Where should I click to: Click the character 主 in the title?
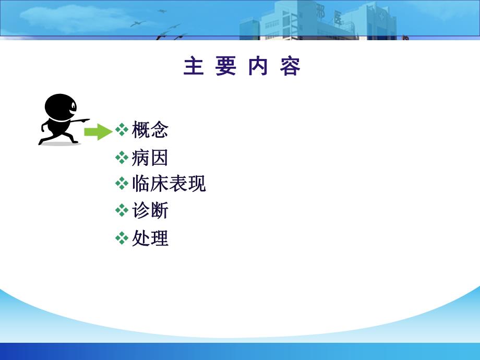click(x=194, y=67)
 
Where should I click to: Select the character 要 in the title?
click(x=226, y=67)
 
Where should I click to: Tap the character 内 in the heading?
click(x=258, y=67)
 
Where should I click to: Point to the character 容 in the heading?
click(x=290, y=67)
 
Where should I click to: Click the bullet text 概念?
click(x=150, y=130)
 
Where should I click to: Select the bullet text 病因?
click(x=150, y=157)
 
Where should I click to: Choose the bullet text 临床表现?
click(x=169, y=184)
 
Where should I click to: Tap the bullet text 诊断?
click(x=150, y=211)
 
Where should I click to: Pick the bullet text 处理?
click(x=150, y=238)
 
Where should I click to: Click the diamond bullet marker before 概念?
click(x=122, y=129)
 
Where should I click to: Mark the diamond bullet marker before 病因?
click(x=122, y=157)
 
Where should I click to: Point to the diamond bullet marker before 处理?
click(x=122, y=238)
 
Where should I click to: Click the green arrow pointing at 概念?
click(x=98, y=132)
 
